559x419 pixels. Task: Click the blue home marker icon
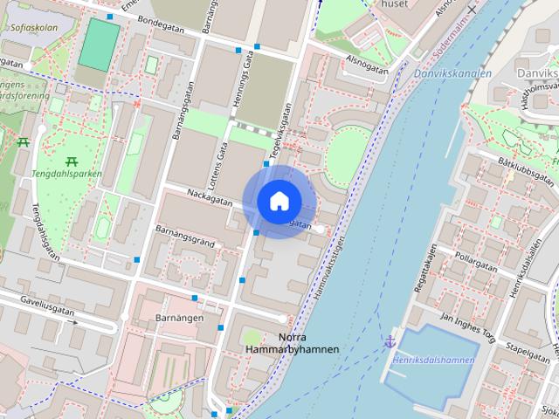coord(279,202)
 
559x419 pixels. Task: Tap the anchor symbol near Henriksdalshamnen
coord(390,340)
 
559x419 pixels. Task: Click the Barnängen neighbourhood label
coord(179,318)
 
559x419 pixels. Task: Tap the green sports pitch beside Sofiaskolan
coord(99,45)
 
